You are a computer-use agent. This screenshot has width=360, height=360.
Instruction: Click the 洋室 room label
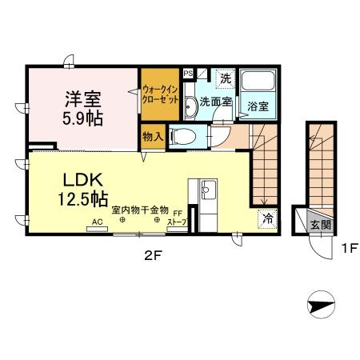click(83, 99)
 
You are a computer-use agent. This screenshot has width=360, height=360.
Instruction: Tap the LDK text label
click(82, 180)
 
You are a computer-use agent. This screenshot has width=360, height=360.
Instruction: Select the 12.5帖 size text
click(82, 199)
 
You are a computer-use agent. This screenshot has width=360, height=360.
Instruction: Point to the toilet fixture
click(183, 137)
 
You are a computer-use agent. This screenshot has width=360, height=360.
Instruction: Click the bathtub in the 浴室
click(258, 80)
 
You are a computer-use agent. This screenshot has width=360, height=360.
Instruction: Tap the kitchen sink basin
click(208, 190)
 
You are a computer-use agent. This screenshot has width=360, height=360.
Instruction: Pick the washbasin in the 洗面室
click(190, 107)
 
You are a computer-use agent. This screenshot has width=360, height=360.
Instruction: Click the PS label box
click(188, 74)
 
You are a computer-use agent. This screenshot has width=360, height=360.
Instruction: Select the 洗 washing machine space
click(226, 78)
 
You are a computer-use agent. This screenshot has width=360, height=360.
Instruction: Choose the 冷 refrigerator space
click(267, 219)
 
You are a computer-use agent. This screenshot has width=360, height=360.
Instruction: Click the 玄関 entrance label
click(321, 226)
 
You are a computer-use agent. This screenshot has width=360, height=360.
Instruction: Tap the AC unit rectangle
click(98, 229)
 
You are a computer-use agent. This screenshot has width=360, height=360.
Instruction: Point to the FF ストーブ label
click(177, 218)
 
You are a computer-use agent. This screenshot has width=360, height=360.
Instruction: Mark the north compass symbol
click(321, 305)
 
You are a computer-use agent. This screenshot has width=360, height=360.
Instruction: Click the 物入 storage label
click(153, 137)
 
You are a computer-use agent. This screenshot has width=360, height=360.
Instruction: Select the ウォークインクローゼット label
click(160, 94)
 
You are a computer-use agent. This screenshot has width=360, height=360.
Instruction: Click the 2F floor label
click(154, 256)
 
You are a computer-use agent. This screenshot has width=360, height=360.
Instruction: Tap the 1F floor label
click(350, 249)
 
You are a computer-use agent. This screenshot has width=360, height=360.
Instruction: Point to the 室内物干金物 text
click(140, 210)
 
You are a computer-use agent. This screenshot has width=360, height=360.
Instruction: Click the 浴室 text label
click(258, 107)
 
